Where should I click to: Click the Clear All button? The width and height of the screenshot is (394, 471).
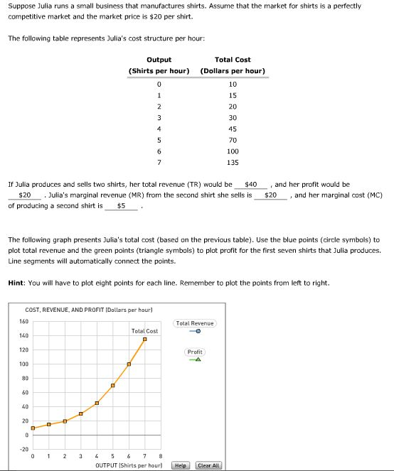pos(209,465)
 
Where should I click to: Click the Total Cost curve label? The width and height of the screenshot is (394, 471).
pos(144,331)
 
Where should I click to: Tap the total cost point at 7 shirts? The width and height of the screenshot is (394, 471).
pos(144,340)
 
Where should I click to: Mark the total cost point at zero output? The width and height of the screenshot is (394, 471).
pos(33,428)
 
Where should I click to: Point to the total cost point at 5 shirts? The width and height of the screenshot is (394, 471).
pos(113,385)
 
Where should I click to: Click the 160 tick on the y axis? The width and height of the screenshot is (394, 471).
pos(23,321)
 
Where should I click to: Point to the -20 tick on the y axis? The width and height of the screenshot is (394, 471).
pos(23,450)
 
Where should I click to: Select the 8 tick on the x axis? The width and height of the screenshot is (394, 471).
pos(161,456)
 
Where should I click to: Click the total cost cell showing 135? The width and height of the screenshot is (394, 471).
pos(233,163)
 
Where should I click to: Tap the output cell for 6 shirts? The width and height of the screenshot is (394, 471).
pos(159,151)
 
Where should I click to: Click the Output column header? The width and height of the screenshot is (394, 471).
pos(159,65)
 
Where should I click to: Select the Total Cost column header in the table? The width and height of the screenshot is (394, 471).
pos(233,65)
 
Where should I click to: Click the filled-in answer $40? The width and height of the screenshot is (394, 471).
pos(249,184)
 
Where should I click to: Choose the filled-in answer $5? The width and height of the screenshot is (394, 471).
pos(122,206)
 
